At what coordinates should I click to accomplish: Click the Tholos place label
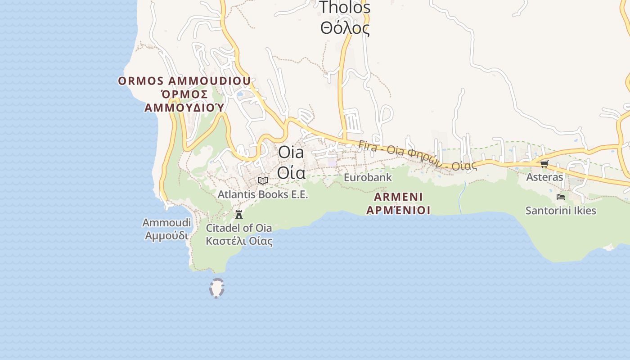coord(345,7)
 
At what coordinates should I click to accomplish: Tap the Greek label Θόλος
coord(345,28)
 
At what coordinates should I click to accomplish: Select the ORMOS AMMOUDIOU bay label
coord(184,81)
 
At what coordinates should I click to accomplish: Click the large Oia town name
coord(291,152)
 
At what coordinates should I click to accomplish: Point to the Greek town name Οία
coord(291,172)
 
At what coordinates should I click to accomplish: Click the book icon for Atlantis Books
coord(263,180)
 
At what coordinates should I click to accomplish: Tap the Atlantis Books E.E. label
coord(263,194)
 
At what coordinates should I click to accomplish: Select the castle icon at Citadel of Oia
coord(239,214)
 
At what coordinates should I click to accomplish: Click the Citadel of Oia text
coord(239,228)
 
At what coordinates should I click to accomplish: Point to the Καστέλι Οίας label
coord(239,241)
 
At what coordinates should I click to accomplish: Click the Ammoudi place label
coord(166,223)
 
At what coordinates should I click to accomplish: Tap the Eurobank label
coord(368,177)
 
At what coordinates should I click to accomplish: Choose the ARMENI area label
coord(398,197)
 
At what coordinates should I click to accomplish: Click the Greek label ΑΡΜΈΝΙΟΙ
coord(398,210)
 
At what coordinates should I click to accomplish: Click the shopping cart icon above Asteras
coord(544,164)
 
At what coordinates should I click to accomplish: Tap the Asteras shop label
coord(544,177)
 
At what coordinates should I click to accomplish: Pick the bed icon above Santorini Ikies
coord(561,197)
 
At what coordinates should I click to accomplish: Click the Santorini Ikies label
coord(561,211)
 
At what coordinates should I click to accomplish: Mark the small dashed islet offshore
coord(217,288)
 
